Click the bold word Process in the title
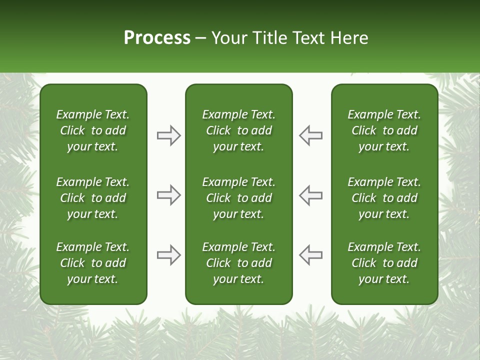click(157, 38)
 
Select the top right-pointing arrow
click(169, 135)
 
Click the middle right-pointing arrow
click(169, 195)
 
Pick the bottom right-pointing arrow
click(169, 255)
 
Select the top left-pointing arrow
click(310, 135)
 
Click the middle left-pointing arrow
click(310, 195)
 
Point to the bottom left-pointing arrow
click(310, 255)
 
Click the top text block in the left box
click(93, 130)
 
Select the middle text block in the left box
click(93, 198)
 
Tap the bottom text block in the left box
click(93, 263)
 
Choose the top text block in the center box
click(238, 130)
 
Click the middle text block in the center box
click(238, 198)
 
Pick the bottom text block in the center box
click(238, 263)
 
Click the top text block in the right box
click(384, 130)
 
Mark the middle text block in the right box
click(384, 198)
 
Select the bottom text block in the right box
click(384, 263)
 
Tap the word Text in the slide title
click(307, 38)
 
